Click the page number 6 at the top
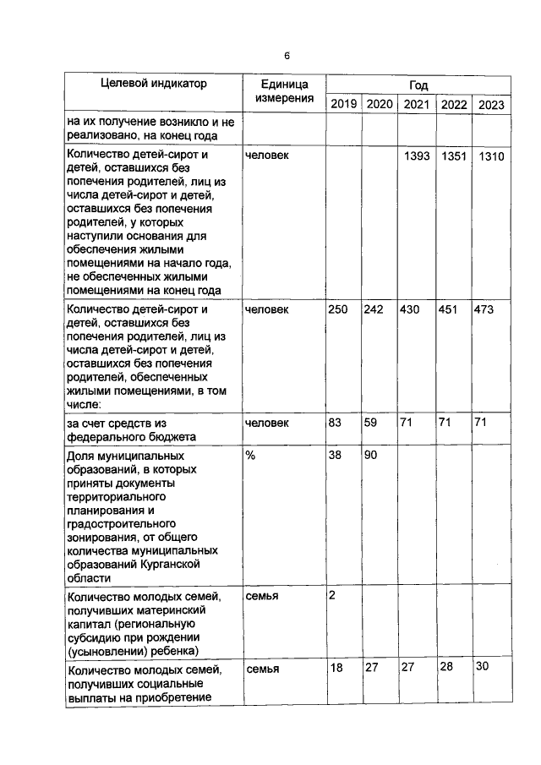pyautogui.click(x=287, y=56)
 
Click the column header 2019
pyautogui.click(x=343, y=104)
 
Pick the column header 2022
pyautogui.click(x=454, y=104)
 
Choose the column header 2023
pyautogui.click(x=491, y=105)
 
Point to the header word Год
pyautogui.click(x=418, y=85)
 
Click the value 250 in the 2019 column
pyautogui.click(x=338, y=310)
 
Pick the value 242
pyautogui.click(x=374, y=310)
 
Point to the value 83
pyautogui.click(x=335, y=422)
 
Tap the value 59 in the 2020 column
pyautogui.click(x=370, y=422)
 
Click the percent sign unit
pyautogui.click(x=249, y=456)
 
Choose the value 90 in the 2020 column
pyautogui.click(x=370, y=456)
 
